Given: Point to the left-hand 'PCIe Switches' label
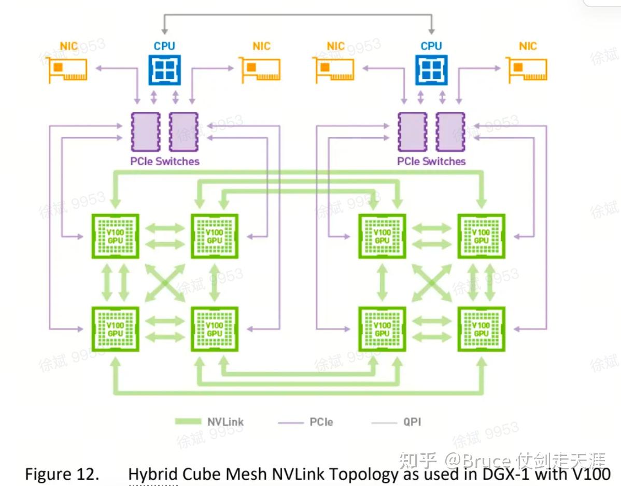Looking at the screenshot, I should click(164, 161).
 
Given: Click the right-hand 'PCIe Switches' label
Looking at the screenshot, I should click(431, 161).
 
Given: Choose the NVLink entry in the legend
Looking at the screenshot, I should click(210, 422).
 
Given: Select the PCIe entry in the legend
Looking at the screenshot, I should click(306, 422).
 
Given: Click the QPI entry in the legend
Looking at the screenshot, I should click(397, 422).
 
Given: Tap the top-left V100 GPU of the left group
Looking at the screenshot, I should click(115, 236).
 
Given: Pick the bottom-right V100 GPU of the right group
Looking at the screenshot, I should click(481, 330).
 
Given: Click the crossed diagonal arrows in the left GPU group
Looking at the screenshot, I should click(164, 283).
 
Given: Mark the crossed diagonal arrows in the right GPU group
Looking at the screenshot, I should click(431, 283).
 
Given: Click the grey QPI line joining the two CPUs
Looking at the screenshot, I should click(298, 16).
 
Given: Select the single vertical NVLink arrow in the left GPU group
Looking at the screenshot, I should click(215, 283).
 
